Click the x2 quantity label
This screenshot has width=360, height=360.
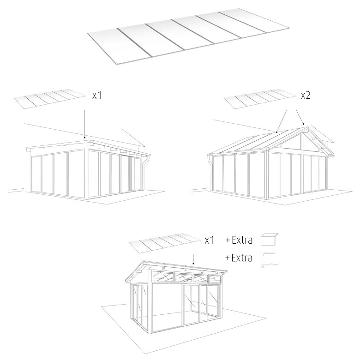coord(306,96)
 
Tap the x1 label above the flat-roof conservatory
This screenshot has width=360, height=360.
coord(96,96)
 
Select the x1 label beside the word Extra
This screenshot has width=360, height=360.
coord(210,240)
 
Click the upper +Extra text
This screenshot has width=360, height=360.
coord(239,240)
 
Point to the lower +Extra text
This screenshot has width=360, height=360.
coord(239,258)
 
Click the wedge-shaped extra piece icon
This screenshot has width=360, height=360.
coord(270,239)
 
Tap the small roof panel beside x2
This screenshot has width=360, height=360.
coord(260,99)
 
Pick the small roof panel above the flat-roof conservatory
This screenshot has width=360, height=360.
coord(50,99)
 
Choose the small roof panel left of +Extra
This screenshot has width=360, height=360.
coord(165,243)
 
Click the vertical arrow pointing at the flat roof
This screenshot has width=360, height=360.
coord(84,124)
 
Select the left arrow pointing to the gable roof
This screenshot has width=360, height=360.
coord(282,121)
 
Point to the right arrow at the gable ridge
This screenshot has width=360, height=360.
coord(300,117)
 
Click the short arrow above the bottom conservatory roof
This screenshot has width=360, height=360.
coord(193,259)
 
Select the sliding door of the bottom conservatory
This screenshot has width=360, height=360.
coord(191,305)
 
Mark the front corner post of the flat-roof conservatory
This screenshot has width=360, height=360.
coord(86,174)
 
